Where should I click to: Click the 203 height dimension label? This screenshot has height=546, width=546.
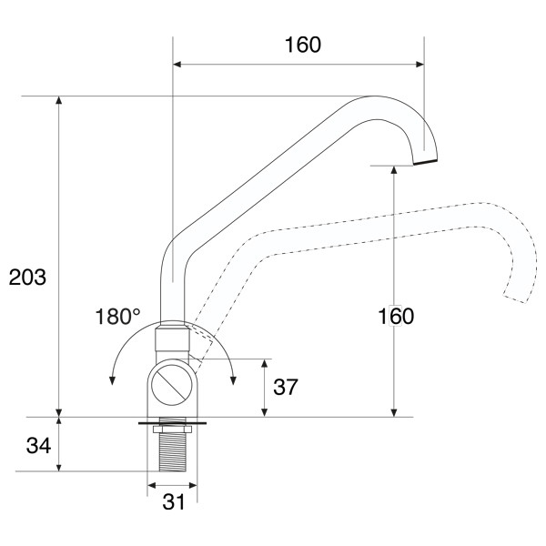(27, 278)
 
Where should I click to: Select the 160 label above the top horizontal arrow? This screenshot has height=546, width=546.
(303, 45)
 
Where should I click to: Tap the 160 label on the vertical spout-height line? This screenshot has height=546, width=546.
(396, 316)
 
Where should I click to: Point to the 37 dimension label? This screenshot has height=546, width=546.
(286, 387)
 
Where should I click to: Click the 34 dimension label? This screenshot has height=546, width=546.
(38, 445)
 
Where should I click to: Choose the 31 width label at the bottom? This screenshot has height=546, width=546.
(174, 501)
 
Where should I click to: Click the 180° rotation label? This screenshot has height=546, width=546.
(118, 317)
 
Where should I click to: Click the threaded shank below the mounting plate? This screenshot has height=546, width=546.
(172, 451)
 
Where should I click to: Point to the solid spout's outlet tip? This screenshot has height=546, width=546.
(425, 162)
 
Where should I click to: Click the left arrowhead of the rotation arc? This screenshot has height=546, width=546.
(112, 380)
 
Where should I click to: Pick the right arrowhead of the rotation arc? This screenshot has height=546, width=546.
(233, 380)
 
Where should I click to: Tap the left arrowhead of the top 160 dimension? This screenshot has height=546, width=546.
(177, 64)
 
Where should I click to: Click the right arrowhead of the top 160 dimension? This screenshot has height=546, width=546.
(420, 64)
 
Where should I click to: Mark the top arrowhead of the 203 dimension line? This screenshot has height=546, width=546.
(59, 100)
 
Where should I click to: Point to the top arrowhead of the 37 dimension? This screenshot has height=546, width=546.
(264, 363)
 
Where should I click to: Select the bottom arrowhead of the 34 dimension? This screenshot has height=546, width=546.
(59, 467)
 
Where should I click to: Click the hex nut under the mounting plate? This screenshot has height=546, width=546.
(172, 429)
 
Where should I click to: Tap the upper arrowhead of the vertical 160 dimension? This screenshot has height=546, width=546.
(394, 170)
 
